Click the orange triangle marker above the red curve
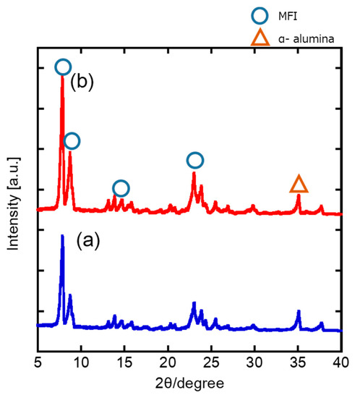click(299, 184)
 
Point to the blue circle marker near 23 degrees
click(194, 160)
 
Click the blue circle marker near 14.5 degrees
click(121, 188)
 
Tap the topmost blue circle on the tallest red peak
click(63, 67)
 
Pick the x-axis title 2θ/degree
click(190, 381)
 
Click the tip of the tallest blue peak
click(62, 236)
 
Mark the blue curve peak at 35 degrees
click(299, 311)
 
